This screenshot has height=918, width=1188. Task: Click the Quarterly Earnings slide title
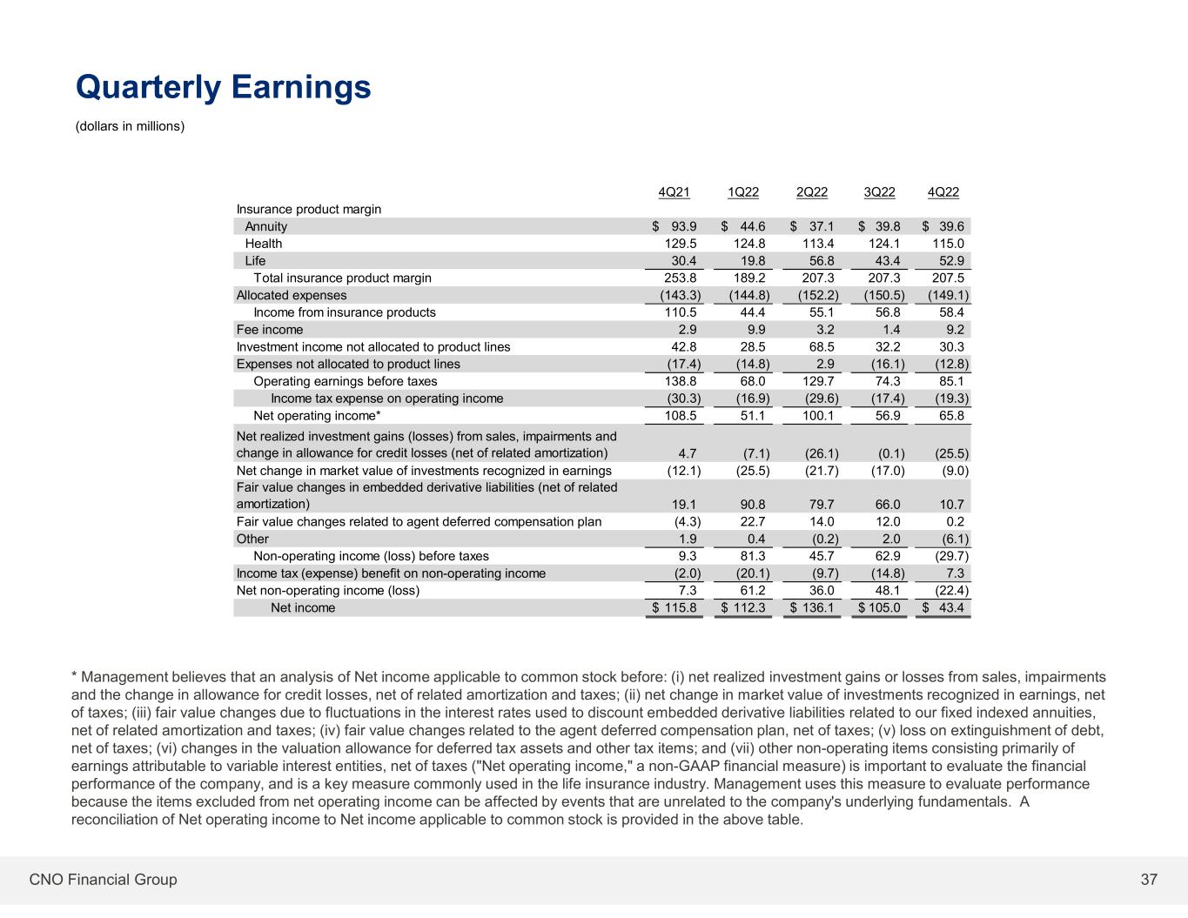[x=224, y=87]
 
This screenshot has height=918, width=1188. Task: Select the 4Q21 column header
[x=675, y=192]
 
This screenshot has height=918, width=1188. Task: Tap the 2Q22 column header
[x=812, y=192]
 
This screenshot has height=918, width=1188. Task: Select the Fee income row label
[x=270, y=330]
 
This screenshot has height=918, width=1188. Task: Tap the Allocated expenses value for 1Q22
[x=747, y=295]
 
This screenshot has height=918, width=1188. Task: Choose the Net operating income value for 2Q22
[x=818, y=416]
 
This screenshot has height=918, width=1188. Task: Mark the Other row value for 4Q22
[x=951, y=539]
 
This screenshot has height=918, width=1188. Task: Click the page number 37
[x=1149, y=880]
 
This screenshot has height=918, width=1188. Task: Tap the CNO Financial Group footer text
[x=103, y=880]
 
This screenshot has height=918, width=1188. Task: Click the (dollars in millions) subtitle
[x=131, y=127]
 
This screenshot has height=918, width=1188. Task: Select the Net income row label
[x=303, y=607]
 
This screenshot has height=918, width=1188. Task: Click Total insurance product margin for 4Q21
[x=679, y=278]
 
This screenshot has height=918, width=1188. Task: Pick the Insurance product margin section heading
[x=309, y=210]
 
